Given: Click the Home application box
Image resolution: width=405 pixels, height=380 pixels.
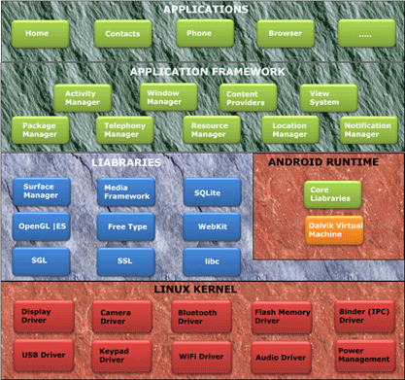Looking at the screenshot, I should (x=38, y=34).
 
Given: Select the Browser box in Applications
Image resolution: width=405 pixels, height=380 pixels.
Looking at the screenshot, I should (x=279, y=34).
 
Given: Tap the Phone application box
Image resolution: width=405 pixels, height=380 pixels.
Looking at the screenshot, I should (x=199, y=34).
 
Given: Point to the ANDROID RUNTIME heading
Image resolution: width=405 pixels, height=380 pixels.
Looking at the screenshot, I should (x=327, y=162).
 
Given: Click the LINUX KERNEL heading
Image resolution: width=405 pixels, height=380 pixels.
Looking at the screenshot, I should (x=202, y=291).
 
